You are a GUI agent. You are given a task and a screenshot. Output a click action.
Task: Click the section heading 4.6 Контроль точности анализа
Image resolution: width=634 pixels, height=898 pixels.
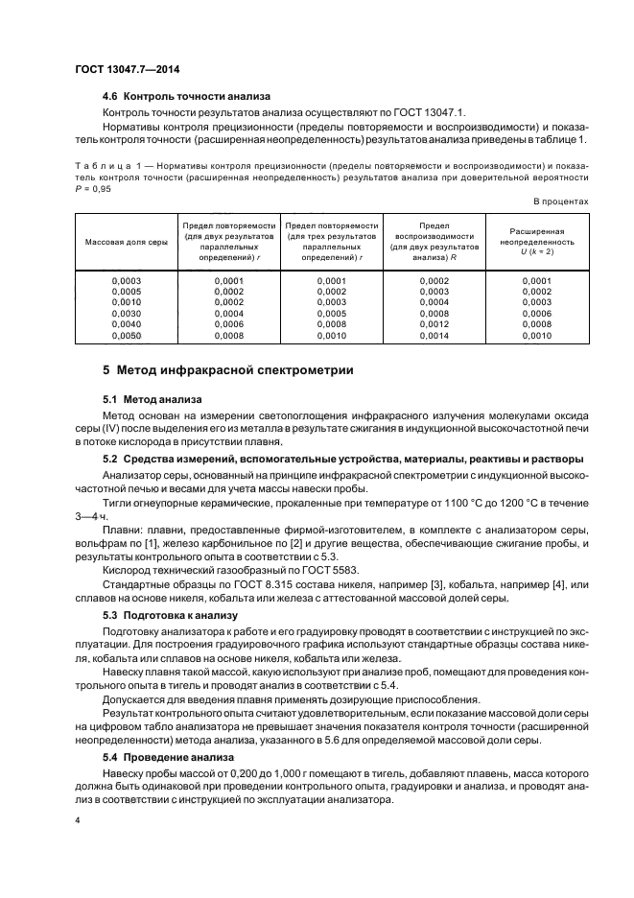(x=186, y=96)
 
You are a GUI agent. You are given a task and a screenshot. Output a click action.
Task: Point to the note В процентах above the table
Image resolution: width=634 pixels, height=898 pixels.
(x=560, y=201)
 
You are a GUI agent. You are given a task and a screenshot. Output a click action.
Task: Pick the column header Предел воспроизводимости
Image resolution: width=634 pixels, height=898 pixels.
(x=433, y=242)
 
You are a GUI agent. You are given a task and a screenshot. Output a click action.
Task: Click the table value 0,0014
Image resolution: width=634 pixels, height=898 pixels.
(x=434, y=337)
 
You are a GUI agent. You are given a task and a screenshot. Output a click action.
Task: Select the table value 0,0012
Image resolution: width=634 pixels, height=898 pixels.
(x=434, y=325)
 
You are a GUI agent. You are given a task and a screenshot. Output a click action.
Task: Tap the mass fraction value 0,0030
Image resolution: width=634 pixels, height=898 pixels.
(x=127, y=314)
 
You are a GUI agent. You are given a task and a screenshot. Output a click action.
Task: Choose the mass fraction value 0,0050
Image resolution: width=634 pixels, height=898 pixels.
(x=127, y=337)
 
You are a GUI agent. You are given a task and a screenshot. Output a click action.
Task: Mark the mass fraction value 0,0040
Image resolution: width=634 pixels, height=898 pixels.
(x=127, y=325)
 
